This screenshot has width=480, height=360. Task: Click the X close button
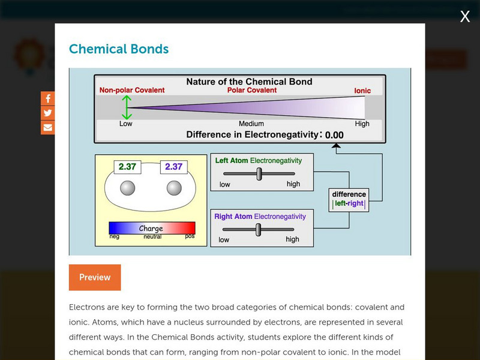465,17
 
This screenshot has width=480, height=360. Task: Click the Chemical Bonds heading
119,49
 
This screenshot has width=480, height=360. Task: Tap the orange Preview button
95,277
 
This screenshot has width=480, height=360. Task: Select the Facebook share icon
48,98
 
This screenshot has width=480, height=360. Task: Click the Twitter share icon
48,113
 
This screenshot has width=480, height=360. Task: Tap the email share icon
48,127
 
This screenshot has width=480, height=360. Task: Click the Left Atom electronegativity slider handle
259,174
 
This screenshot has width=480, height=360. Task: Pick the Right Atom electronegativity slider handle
258,230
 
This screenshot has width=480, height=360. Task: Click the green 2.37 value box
127,167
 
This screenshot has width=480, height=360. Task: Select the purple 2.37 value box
173,167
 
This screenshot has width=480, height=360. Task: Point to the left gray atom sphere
128,188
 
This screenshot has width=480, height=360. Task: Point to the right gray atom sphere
174,188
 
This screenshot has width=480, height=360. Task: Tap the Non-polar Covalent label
132,91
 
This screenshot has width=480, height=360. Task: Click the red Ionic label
362,91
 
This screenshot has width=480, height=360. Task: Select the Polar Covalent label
252,91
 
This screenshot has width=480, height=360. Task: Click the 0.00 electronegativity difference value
334,136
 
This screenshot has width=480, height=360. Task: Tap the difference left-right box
349,199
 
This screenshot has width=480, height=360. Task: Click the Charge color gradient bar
152,228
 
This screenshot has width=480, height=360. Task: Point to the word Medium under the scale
251,124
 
